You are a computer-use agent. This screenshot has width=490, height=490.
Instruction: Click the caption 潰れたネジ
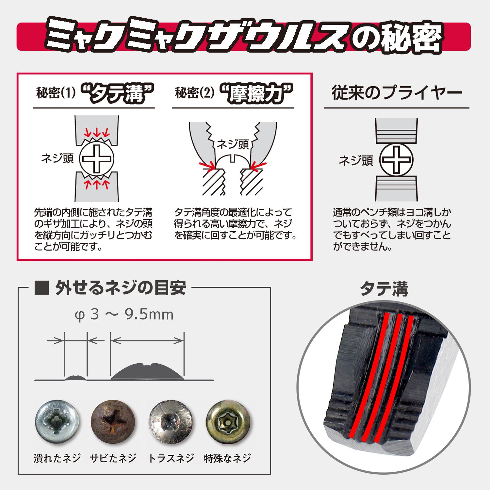(57, 458)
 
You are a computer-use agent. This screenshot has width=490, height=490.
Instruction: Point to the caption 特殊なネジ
(227, 458)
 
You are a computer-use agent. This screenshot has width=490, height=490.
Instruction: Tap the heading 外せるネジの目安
(120, 288)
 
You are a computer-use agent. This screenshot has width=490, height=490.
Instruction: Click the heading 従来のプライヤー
(397, 93)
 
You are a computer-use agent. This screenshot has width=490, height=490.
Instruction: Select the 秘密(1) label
(56, 93)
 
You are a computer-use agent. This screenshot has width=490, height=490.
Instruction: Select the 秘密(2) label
(195, 93)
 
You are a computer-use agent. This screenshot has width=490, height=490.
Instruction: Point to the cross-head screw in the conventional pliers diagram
(396, 160)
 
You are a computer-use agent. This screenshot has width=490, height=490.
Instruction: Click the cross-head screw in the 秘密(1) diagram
(97, 159)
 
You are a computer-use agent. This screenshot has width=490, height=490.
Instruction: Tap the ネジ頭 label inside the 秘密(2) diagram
(233, 144)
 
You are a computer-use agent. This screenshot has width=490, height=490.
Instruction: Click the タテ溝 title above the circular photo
(384, 289)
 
